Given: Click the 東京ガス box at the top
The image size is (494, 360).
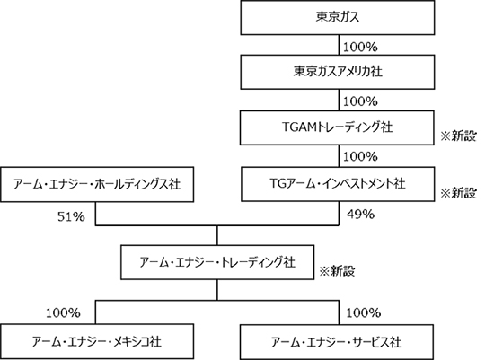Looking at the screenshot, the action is [x=338, y=17].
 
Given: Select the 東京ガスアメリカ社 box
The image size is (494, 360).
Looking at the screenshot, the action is [x=338, y=72].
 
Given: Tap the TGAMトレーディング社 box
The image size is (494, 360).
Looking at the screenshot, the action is [x=337, y=127].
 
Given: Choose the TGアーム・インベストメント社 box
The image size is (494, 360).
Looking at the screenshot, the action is [x=338, y=184].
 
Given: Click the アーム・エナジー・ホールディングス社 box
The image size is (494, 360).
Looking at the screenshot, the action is [x=97, y=184].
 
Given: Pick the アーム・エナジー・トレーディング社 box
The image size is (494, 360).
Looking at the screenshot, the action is [x=217, y=262].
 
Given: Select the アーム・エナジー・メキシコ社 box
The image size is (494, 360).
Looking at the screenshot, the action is [x=97, y=341].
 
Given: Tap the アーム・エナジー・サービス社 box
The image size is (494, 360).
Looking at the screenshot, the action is [x=337, y=342].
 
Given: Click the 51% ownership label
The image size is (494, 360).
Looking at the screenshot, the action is [x=71, y=216].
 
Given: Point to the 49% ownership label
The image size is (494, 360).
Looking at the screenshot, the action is [x=361, y=215].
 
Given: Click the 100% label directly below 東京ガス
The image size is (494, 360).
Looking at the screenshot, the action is [x=360, y=48].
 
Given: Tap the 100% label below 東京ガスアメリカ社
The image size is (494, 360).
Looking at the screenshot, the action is [x=360, y=101].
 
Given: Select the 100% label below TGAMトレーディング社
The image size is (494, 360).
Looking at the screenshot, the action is [x=360, y=156].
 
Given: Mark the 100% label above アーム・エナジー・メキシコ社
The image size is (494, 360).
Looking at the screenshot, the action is [x=64, y=313].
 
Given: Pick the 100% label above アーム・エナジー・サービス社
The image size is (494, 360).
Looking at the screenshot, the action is [x=364, y=312].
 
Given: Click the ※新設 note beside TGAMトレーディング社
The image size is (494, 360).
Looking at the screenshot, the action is [x=458, y=136].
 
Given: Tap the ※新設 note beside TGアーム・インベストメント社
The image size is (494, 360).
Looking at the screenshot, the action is [x=458, y=193].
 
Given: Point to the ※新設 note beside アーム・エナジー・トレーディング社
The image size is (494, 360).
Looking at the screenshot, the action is [x=337, y=271].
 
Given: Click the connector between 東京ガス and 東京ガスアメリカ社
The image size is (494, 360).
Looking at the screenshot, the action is [x=339, y=45].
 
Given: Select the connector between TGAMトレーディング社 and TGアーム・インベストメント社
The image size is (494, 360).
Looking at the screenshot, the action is [x=339, y=156].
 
